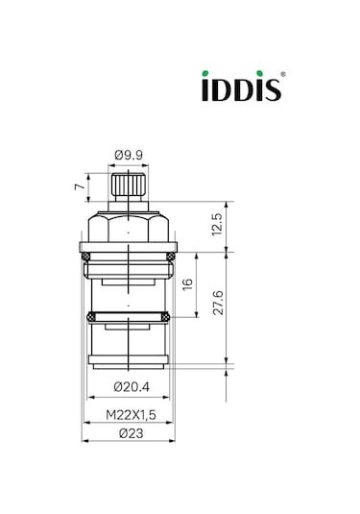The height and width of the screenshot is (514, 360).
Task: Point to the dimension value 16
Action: (188, 284)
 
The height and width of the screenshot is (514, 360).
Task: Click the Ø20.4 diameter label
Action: (128, 387)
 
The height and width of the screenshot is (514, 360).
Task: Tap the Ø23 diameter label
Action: (128, 432)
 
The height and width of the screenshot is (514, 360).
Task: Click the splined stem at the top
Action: (128, 185)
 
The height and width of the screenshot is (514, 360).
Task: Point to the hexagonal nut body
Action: (128, 229)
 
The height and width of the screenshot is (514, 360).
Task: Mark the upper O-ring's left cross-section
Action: (86, 256)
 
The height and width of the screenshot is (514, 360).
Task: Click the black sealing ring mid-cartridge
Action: (128, 316)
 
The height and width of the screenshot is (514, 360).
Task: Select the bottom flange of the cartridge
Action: (128, 361)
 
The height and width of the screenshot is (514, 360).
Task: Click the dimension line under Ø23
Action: (128, 441)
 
